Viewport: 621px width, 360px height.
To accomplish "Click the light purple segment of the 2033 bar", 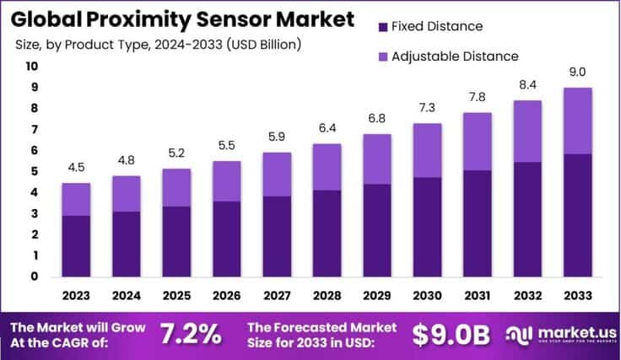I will (578, 121).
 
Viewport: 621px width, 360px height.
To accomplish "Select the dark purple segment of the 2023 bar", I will (76, 245).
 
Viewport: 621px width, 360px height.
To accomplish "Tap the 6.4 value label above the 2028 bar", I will (327, 128).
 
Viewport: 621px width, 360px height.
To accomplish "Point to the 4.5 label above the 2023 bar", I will (76, 167).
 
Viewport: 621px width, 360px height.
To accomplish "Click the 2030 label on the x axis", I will (427, 296).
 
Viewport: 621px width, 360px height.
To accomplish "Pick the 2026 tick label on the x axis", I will (226, 296).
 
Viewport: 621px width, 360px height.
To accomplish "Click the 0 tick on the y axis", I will (35, 277).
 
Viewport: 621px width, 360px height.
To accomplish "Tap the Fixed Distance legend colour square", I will (385, 27).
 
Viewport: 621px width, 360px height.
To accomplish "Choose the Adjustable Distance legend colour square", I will (385, 56).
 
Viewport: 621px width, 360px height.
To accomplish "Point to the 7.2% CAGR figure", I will (193, 334).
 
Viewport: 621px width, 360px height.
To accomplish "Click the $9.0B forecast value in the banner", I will (451, 334).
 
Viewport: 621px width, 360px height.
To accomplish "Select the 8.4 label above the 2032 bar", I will (527, 86).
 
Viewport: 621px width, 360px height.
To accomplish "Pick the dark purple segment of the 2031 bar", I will (478, 223).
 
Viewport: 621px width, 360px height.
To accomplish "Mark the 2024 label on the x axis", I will (126, 296).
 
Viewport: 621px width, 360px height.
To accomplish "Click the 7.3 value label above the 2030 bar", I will (427, 109).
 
